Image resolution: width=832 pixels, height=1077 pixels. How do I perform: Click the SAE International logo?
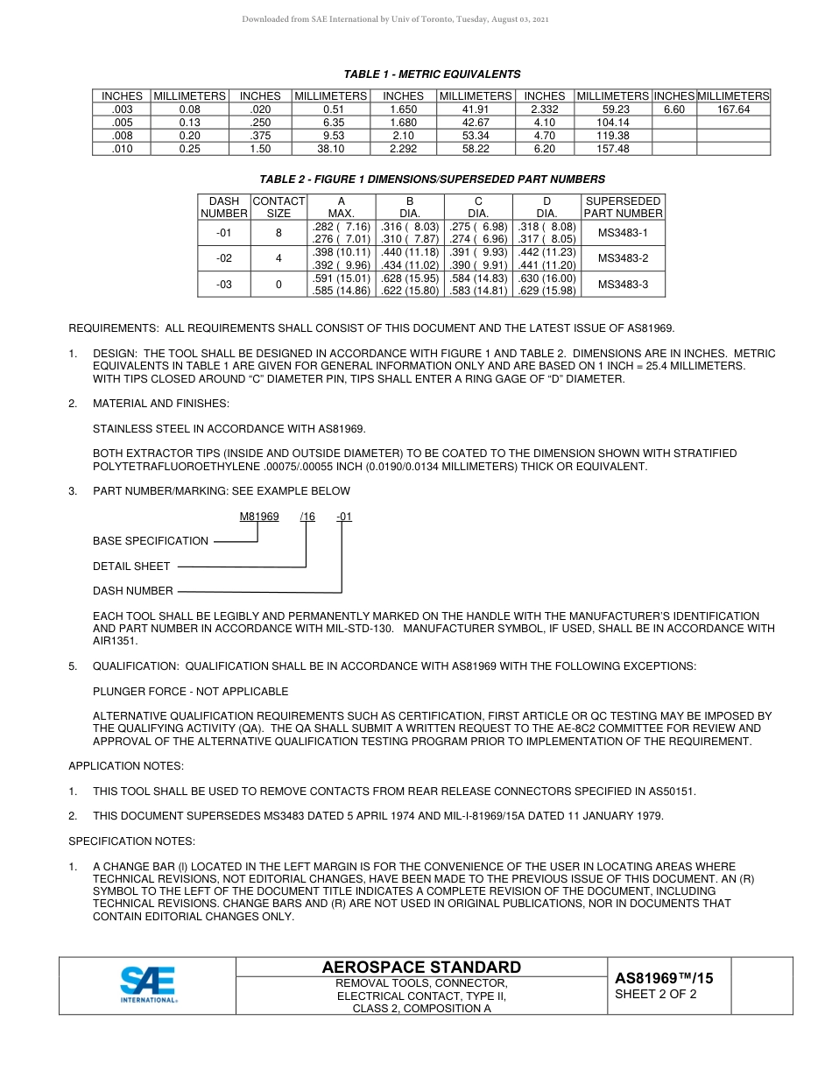pos(148,984)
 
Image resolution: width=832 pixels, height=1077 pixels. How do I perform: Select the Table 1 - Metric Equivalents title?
pos(432,74)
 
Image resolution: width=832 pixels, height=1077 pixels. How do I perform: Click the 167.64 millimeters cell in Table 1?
pos(733,109)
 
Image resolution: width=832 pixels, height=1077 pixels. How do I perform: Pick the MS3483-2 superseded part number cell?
pos(623,258)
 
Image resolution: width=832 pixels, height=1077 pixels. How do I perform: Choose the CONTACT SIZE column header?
pos(279,207)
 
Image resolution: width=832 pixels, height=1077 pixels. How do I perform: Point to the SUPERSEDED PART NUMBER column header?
pos(623,207)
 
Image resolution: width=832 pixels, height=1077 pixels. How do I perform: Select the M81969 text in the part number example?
pos(259,517)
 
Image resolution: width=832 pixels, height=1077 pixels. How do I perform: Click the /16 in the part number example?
pos(307,517)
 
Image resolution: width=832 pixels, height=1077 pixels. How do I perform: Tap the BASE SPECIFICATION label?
pos(151,541)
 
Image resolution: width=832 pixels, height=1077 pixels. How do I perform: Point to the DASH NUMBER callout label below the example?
pos(133,591)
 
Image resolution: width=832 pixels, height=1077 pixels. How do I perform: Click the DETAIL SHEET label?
pos(131,567)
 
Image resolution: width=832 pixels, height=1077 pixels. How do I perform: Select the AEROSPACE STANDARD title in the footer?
pos(421,967)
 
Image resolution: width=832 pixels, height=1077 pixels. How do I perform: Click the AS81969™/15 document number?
pos(664,978)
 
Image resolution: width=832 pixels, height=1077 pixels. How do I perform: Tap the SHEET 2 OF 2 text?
pos(656,994)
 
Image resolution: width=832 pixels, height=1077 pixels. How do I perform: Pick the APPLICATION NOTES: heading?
pos(126,766)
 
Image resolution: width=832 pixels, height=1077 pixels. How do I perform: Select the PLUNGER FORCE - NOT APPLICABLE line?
pos(190,692)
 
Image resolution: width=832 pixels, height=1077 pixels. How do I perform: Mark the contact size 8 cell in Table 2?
pos(279,233)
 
